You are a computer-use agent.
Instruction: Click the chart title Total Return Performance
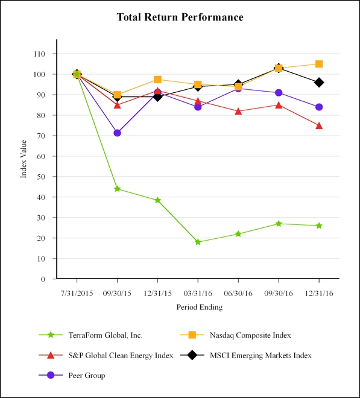click(180, 17)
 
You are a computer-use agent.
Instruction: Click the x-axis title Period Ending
click(200, 308)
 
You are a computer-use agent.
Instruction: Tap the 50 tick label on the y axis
click(41, 177)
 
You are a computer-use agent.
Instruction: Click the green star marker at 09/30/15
click(117, 189)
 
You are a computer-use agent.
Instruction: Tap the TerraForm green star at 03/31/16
click(198, 242)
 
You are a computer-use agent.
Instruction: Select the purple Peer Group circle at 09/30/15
click(117, 133)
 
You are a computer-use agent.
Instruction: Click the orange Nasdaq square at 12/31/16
click(319, 64)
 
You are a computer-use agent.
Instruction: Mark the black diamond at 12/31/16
click(319, 82)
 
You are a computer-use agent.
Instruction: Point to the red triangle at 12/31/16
click(319, 125)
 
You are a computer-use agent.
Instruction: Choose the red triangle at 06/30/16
click(238, 111)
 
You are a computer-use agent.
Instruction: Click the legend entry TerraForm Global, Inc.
click(106, 335)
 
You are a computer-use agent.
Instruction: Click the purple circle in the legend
click(51, 375)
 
